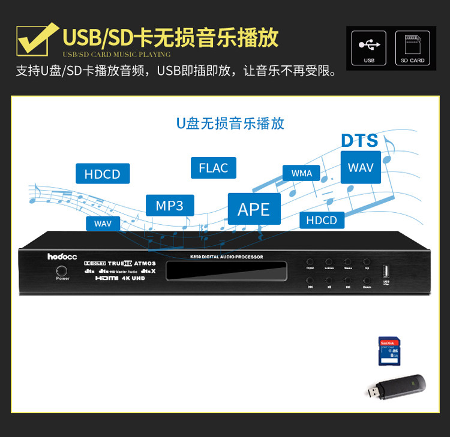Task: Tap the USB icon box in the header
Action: pyautogui.click(x=368, y=47)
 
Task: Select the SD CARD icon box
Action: pyautogui.click(x=412, y=47)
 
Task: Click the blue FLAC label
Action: pyautogui.click(x=214, y=167)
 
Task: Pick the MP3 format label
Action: pyautogui.click(x=170, y=206)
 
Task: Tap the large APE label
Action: pyautogui.click(x=254, y=209)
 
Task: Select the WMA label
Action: pyautogui.click(x=302, y=173)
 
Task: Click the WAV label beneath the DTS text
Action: pyautogui.click(x=361, y=167)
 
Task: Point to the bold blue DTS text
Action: pyautogui.click(x=359, y=141)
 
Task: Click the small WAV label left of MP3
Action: pyautogui.click(x=103, y=224)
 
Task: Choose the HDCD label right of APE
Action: pyautogui.click(x=322, y=220)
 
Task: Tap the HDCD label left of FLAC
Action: pyautogui.click(x=103, y=174)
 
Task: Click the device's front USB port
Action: pyautogui.click(x=385, y=267)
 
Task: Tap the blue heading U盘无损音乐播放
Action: pyautogui.click(x=230, y=124)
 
